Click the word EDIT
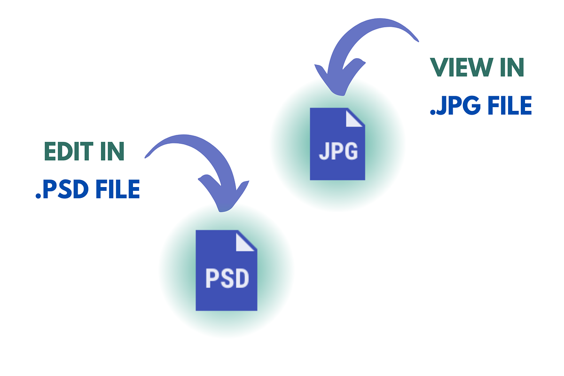[69, 151]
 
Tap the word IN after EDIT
[112, 151]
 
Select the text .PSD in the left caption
[62, 189]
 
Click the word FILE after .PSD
[118, 189]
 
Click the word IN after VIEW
[512, 67]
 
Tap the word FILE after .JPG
[510, 105]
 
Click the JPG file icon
[337, 144]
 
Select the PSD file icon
[227, 270]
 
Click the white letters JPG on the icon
[338, 151]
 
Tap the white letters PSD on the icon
[227, 278]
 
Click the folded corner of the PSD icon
[244, 242]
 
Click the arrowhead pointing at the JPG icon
[339, 78]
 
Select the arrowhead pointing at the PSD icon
[224, 194]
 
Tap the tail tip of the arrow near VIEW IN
[418, 41]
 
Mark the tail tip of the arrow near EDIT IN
[145, 157]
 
